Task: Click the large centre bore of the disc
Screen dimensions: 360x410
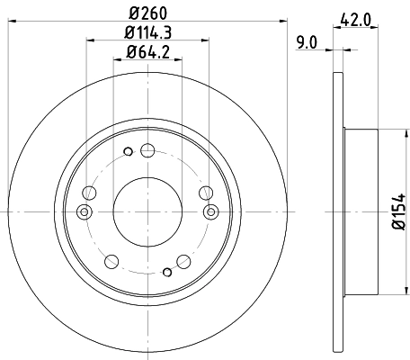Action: (x=147, y=211)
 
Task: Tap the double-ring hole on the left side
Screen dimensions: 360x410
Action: (x=84, y=211)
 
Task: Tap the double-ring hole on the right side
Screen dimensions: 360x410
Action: (x=211, y=211)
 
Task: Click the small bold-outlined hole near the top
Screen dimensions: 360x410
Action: (x=129, y=150)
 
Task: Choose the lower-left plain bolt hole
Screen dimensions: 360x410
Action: (x=111, y=262)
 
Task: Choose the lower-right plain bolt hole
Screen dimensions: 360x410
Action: (x=184, y=262)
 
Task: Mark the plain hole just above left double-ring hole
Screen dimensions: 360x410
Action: (x=88, y=192)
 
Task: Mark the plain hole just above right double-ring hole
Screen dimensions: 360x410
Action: (x=206, y=192)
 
